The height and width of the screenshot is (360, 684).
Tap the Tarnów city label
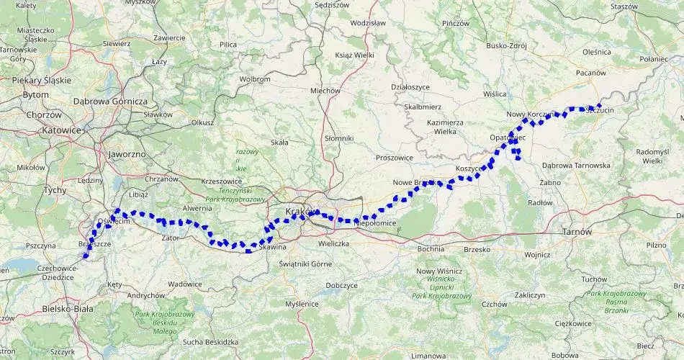[577, 232]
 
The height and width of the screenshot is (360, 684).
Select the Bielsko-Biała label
[64, 309]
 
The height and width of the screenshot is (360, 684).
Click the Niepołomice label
[376, 224]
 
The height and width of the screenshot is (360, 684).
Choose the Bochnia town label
[431, 249]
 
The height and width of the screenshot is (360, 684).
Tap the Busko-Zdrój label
[507, 45]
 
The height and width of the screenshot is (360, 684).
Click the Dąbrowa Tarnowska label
[576, 165]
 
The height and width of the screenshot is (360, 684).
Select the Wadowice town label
[185, 284]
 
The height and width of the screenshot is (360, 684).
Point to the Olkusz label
[202, 122]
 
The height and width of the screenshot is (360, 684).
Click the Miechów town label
[325, 91]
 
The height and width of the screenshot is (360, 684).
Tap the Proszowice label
[395, 157]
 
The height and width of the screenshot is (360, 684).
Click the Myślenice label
[302, 304]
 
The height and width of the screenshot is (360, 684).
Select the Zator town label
[170, 237]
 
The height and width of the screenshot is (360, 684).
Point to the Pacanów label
[591, 73]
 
